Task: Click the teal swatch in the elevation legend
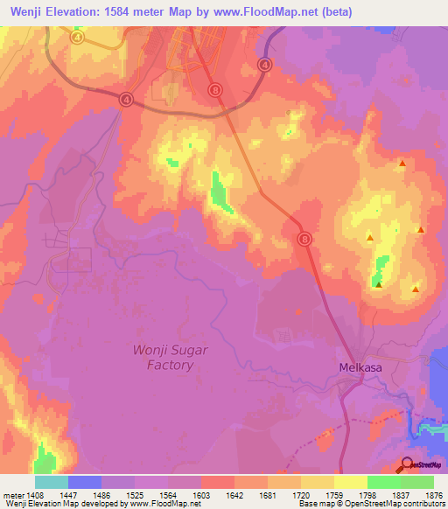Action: (x=51, y=482)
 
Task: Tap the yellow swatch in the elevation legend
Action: (x=350, y=482)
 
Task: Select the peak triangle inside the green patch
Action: (x=378, y=283)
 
